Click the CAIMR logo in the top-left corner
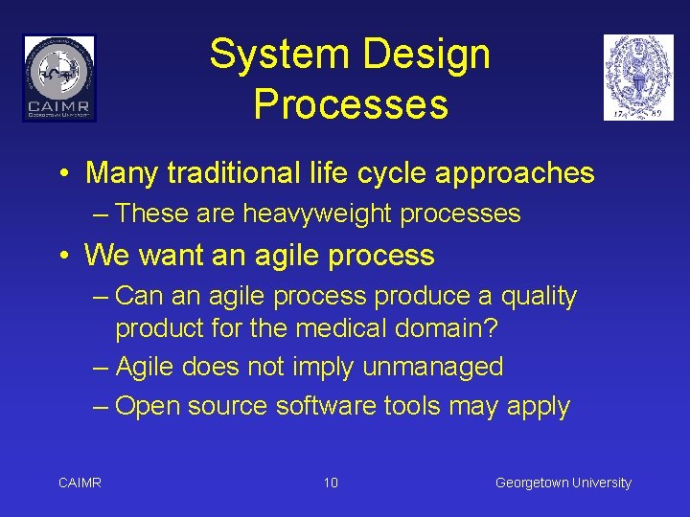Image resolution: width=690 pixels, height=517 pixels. [x=59, y=78]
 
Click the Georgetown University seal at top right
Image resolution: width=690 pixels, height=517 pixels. [x=638, y=78]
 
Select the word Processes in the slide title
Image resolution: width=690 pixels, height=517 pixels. [x=351, y=104]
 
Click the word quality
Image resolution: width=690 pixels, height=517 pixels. [x=534, y=297]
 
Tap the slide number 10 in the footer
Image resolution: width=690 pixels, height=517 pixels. [x=331, y=483]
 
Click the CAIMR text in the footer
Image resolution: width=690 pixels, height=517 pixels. [x=80, y=483]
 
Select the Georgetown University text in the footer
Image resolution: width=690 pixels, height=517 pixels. [x=563, y=483]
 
